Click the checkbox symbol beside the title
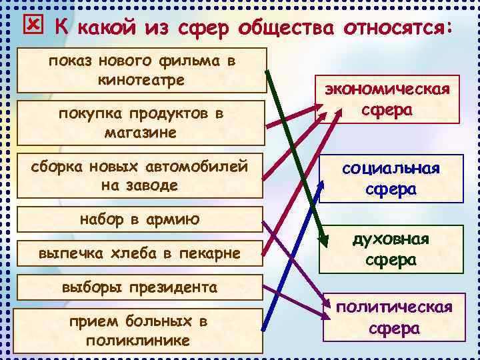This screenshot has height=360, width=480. coord(32,25)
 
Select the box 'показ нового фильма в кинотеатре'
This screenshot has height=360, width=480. coord(141,70)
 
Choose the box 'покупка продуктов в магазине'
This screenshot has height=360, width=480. coord(141,123)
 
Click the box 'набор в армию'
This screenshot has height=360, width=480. coord(140,219)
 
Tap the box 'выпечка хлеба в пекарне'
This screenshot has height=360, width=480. coord(140,253)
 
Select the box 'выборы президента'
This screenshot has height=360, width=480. coord(140,288)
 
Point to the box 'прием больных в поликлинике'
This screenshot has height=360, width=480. coord(140,330)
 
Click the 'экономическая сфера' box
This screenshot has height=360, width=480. coord(387,100)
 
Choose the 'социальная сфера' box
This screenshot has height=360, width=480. coord(391,179)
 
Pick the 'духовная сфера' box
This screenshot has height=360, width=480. coord(391,249)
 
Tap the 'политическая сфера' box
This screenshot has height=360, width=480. coord(394,317)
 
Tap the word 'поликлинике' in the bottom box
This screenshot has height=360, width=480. coord(138,340)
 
